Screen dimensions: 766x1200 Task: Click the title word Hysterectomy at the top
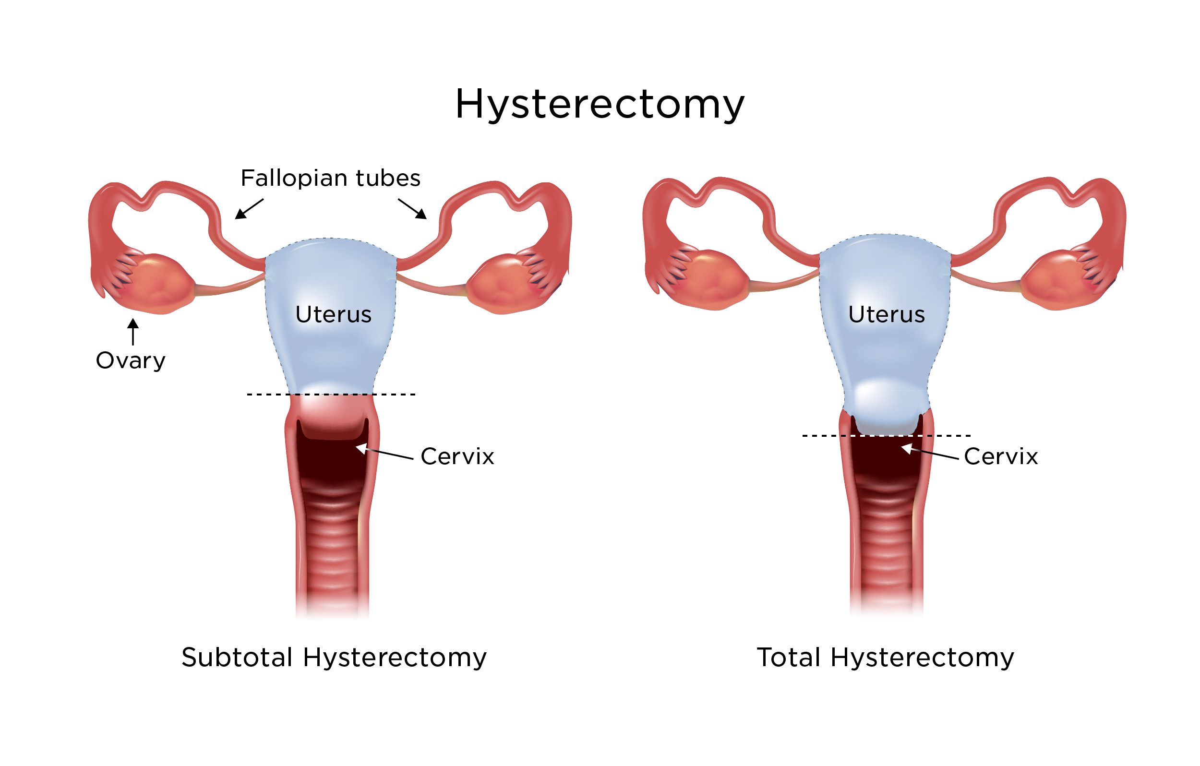click(600, 104)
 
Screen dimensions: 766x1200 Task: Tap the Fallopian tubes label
click(330, 178)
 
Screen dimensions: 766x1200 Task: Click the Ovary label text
click(131, 360)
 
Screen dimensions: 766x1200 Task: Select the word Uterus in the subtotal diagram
click(334, 314)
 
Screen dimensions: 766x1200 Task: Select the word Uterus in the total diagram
click(887, 314)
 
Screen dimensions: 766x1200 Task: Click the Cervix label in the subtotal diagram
click(457, 456)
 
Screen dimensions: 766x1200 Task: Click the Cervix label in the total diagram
click(1001, 456)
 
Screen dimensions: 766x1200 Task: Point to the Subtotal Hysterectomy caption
click(334, 658)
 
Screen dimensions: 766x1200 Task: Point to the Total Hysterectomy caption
click(885, 658)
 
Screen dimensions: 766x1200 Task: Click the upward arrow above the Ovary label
click(133, 332)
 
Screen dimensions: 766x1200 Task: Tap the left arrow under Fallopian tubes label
click(249, 209)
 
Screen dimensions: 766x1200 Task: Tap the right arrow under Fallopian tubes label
click(413, 209)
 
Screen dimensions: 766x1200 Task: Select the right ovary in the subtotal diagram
click(504, 284)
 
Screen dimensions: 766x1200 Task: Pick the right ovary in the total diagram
click(1056, 280)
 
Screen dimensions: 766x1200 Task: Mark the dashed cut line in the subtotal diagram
click(331, 395)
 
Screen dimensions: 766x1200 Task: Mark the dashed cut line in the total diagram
click(886, 436)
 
